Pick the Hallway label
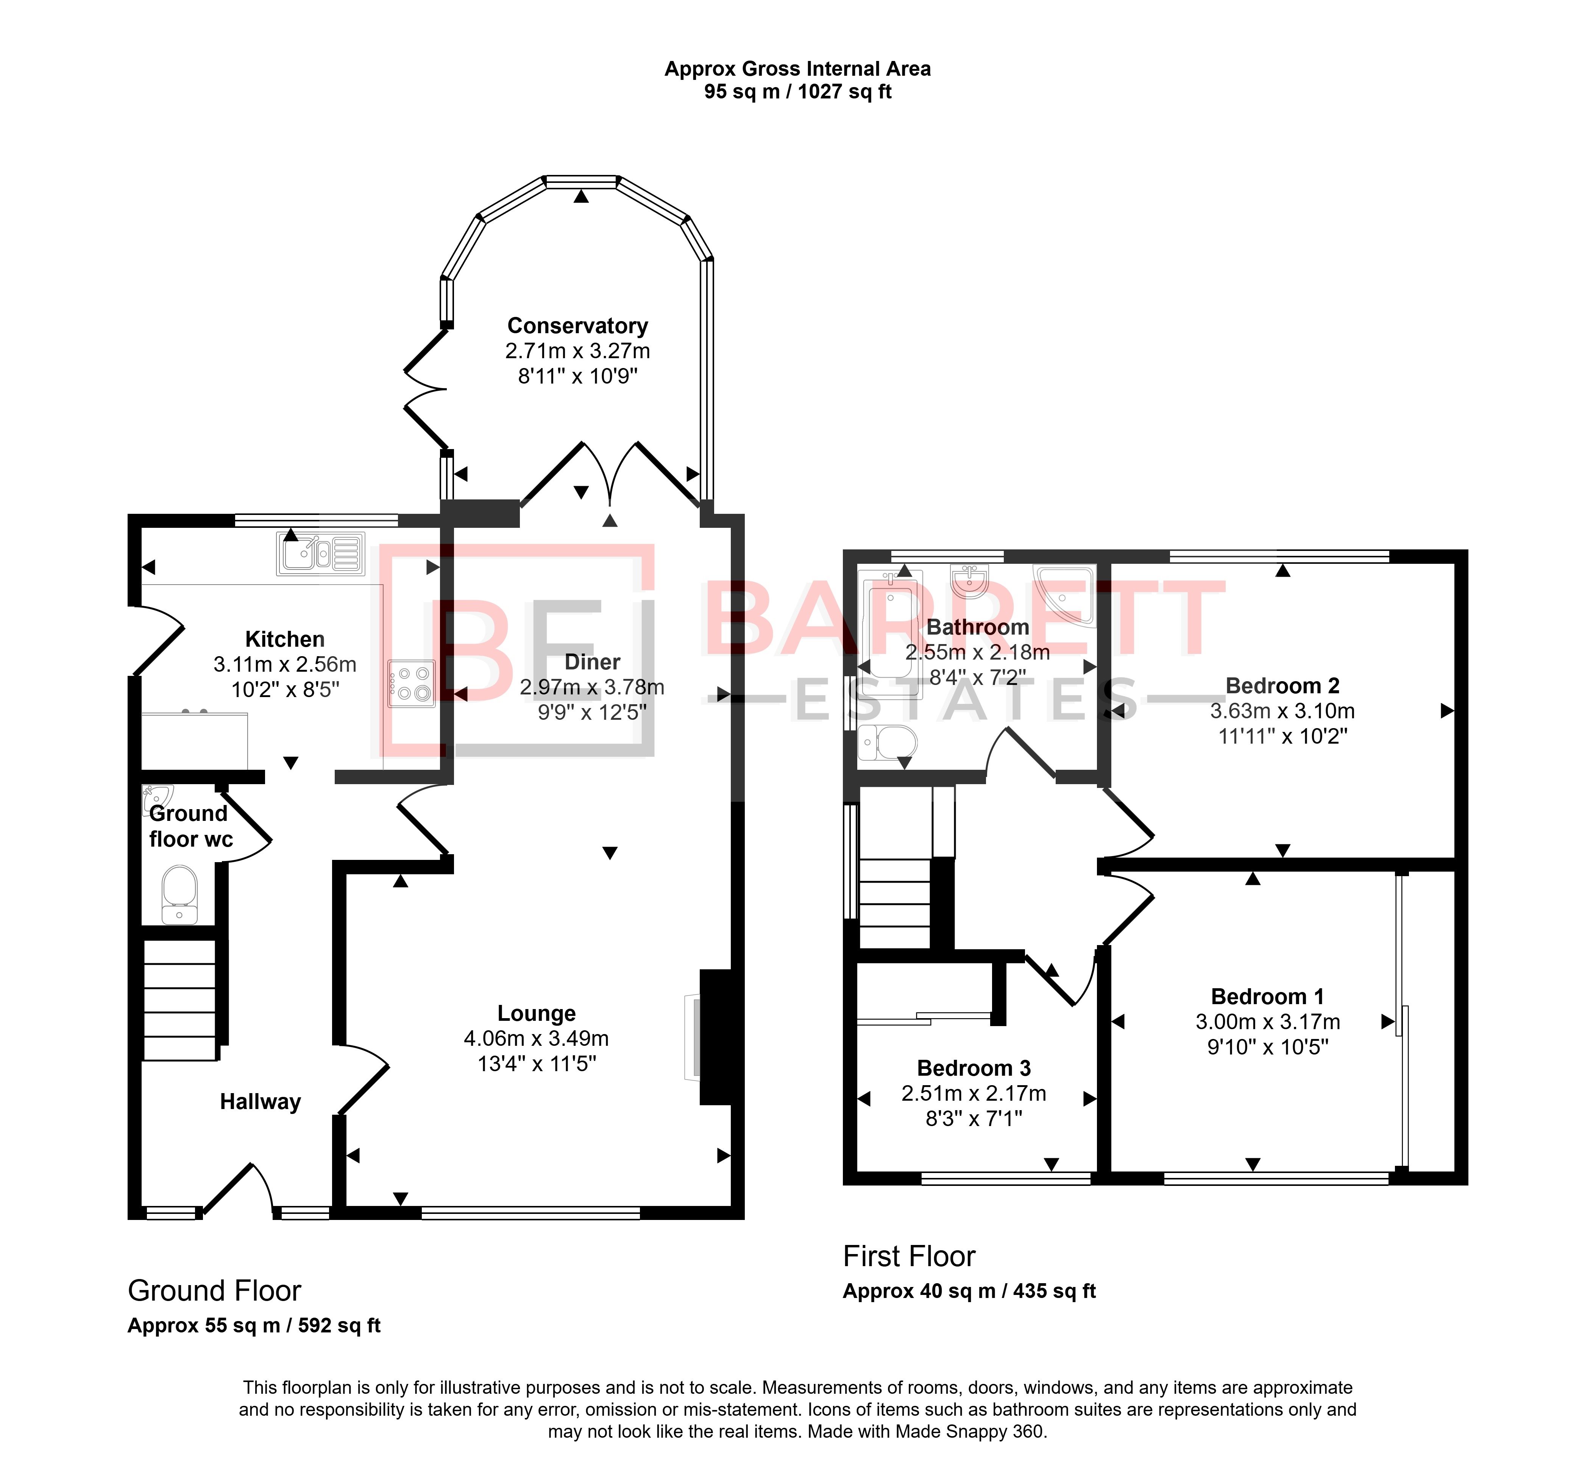click(x=260, y=1102)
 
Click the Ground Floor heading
click(x=214, y=1290)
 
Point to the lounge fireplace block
click(x=715, y=1036)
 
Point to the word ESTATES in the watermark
click(x=967, y=700)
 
